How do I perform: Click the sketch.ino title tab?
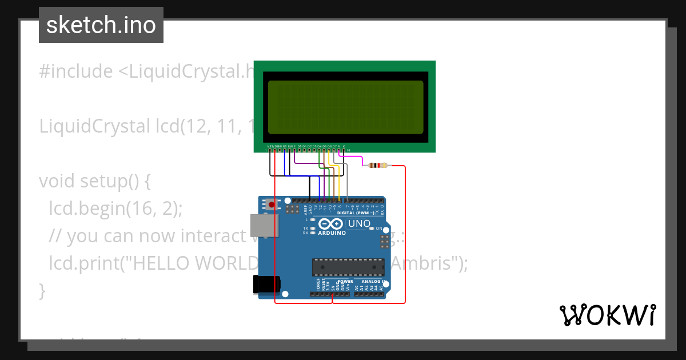click(x=101, y=25)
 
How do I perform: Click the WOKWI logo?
click(x=607, y=315)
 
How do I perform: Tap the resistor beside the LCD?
click(x=377, y=166)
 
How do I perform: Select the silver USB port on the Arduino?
click(x=264, y=225)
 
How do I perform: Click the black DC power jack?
click(x=267, y=285)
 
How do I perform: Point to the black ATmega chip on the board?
click(x=348, y=267)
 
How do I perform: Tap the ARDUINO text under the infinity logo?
click(x=332, y=233)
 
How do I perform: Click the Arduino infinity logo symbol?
click(x=331, y=224)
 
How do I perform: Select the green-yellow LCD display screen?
click(x=345, y=106)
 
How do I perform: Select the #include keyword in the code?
click(x=76, y=71)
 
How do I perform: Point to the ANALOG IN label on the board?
click(x=372, y=282)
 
